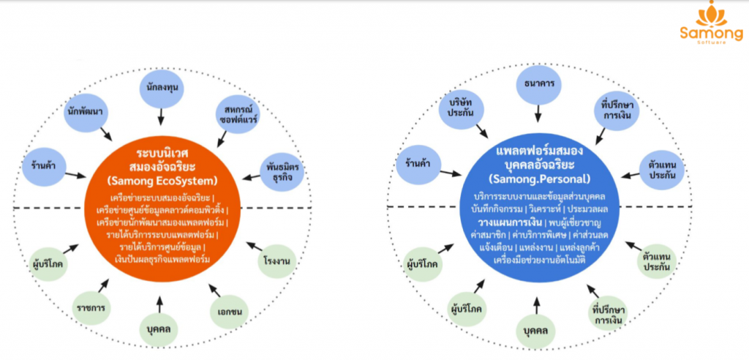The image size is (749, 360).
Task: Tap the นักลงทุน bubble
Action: click(162, 88)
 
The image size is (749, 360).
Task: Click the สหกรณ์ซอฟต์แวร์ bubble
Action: click(237, 113)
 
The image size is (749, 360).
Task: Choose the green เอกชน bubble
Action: click(229, 312)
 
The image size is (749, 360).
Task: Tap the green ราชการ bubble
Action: click(93, 307)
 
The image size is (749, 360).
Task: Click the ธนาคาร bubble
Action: click(538, 83)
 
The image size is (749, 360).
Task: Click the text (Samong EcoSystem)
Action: click(162, 181)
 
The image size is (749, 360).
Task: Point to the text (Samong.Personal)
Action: click(539, 179)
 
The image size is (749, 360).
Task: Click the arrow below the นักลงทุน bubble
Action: click(161, 116)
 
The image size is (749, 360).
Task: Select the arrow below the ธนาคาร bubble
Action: click(538, 113)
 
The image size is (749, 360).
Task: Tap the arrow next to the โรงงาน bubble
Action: click(254, 246)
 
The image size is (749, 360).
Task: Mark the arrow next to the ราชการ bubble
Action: click(103, 286)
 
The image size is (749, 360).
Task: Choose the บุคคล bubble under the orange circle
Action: click(159, 329)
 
